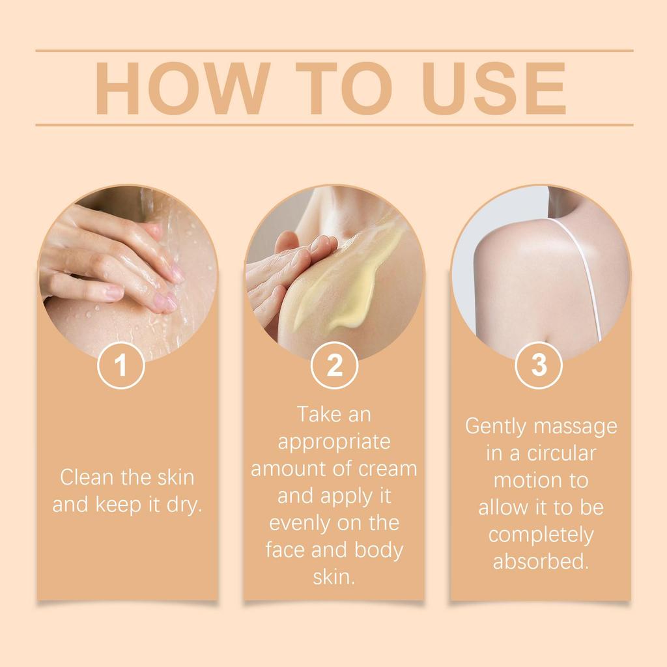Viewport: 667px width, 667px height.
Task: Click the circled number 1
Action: (121, 365)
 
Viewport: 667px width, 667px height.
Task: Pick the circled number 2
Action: (334, 365)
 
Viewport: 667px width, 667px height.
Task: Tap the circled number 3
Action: (539, 365)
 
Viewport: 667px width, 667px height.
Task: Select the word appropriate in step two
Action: (334, 442)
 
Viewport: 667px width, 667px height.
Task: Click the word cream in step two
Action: (387, 469)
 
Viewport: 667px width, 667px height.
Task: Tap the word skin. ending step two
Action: (334, 577)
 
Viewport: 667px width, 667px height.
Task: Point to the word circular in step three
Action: (561, 453)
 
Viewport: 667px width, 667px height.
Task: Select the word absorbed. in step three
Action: (540, 561)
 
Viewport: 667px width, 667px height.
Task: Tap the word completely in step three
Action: (541, 534)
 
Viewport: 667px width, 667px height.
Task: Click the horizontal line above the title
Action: (334, 50)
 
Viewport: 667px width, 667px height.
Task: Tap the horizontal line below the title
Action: (334, 124)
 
